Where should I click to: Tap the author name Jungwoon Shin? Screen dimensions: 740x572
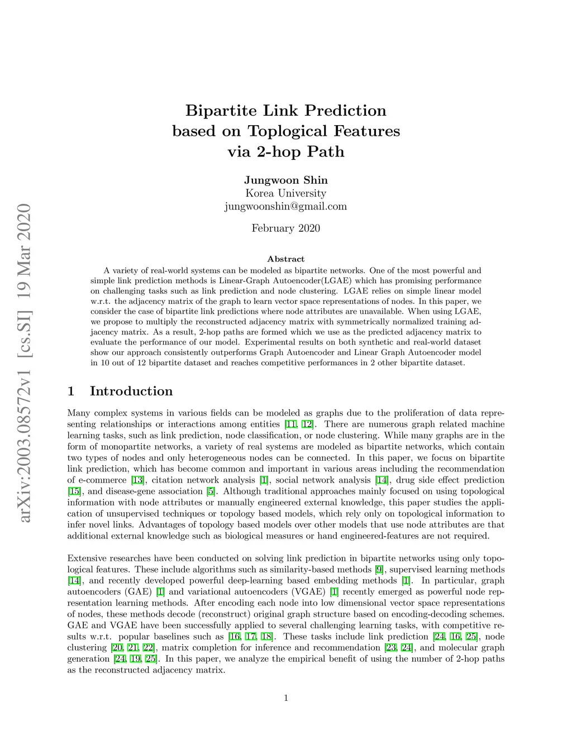pos(285,180)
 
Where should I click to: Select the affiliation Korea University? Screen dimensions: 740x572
pos(285,193)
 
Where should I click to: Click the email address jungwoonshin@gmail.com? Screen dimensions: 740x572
pos(285,206)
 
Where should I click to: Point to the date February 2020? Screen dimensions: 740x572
pos(285,228)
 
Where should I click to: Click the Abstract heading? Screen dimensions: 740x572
pos(285,259)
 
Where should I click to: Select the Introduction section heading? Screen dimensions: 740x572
pos(131,391)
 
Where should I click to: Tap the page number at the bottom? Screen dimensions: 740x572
pos(286,698)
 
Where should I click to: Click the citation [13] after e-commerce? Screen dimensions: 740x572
pos(137,480)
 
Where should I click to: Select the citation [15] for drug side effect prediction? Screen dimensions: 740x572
pos(74,491)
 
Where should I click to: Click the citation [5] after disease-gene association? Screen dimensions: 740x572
pos(211,491)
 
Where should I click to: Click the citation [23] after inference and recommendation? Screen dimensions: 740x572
pos(390,648)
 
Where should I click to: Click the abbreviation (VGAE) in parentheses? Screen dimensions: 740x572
pos(308,592)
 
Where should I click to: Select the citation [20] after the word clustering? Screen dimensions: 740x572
pos(117,648)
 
